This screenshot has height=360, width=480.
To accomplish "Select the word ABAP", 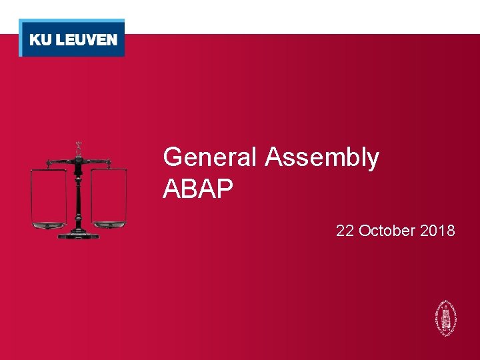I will (x=198, y=189).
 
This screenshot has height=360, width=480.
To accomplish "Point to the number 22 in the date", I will (x=345, y=231).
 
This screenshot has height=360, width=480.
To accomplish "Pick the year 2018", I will (x=438, y=231).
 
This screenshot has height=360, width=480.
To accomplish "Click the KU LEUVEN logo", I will (x=72, y=39).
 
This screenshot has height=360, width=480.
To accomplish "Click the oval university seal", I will (x=443, y=317).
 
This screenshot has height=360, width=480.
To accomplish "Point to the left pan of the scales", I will (x=49, y=225).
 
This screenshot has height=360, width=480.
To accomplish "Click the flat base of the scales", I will (x=79, y=235).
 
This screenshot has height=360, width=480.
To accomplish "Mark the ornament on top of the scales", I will (x=78, y=147).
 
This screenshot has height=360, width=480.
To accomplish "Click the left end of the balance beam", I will (x=49, y=162).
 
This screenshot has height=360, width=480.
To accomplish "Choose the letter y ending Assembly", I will (x=373, y=161).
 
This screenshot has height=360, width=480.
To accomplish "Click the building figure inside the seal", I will (x=443, y=316).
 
